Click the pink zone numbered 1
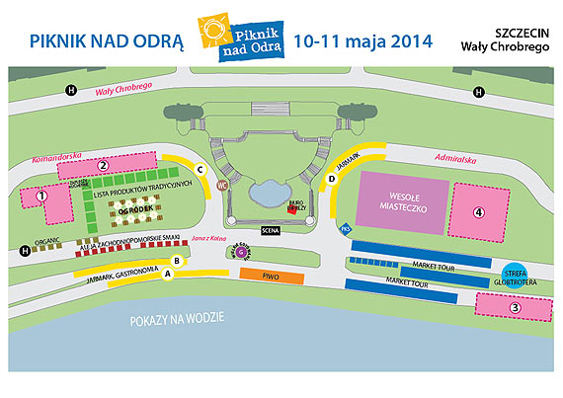pos(43,201)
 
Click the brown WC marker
pos(222,185)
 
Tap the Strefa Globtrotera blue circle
pos(515,277)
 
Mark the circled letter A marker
pos(168,276)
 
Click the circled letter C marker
pos(201,169)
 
